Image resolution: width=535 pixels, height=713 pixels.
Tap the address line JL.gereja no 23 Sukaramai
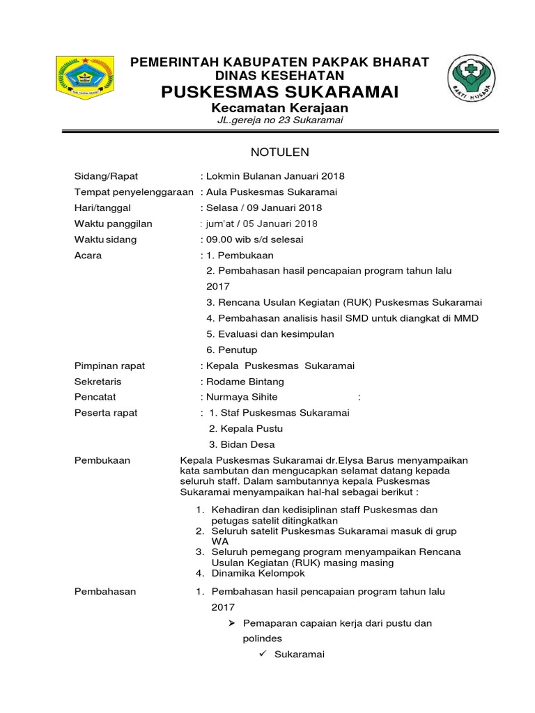click(279, 121)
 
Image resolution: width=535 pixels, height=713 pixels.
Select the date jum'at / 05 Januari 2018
click(260, 224)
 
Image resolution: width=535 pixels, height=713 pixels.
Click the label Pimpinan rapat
click(109, 366)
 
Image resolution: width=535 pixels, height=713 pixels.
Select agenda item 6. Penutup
click(232, 350)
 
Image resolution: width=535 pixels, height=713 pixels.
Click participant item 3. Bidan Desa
click(242, 444)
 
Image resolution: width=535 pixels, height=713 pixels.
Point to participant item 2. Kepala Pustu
click(246, 428)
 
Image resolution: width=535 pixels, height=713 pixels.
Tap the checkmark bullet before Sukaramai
click(263, 655)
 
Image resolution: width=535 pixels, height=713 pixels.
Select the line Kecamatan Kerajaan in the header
click(280, 109)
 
